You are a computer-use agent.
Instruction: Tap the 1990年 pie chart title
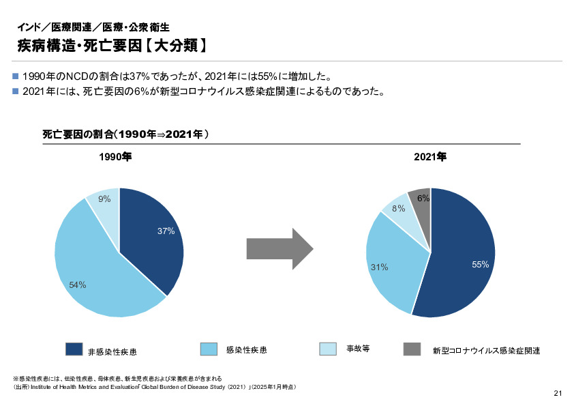[115, 157]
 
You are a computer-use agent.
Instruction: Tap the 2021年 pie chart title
[429, 157]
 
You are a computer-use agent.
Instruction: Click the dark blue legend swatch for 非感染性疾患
[74, 349]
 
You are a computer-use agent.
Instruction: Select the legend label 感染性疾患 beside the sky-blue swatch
[246, 349]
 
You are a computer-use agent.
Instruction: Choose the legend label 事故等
[358, 349]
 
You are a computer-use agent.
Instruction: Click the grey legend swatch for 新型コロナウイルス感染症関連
[412, 349]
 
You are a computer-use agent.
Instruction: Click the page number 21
[558, 393]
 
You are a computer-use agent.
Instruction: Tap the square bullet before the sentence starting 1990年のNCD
[16, 76]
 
